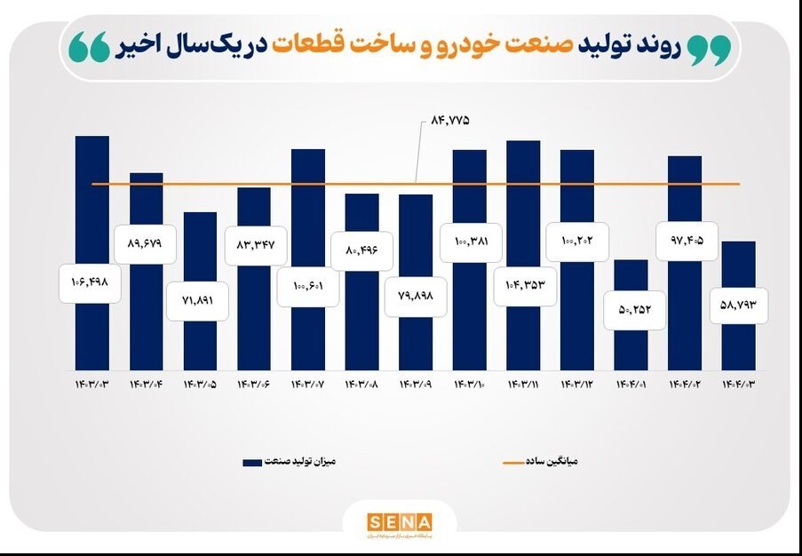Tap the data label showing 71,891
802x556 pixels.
[200, 301]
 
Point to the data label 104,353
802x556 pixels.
[524, 285]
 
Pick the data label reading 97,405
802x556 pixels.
[686, 240]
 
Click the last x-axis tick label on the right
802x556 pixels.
[739, 385]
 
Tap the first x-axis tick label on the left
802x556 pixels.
[92, 385]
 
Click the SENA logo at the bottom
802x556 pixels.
[400, 521]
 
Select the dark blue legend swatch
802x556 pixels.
[252, 462]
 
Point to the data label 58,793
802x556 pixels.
[739, 306]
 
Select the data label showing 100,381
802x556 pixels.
[469, 242]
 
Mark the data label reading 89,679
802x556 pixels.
[146, 243]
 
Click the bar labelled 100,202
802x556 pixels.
[577, 311]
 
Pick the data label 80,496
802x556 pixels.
[362, 250]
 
